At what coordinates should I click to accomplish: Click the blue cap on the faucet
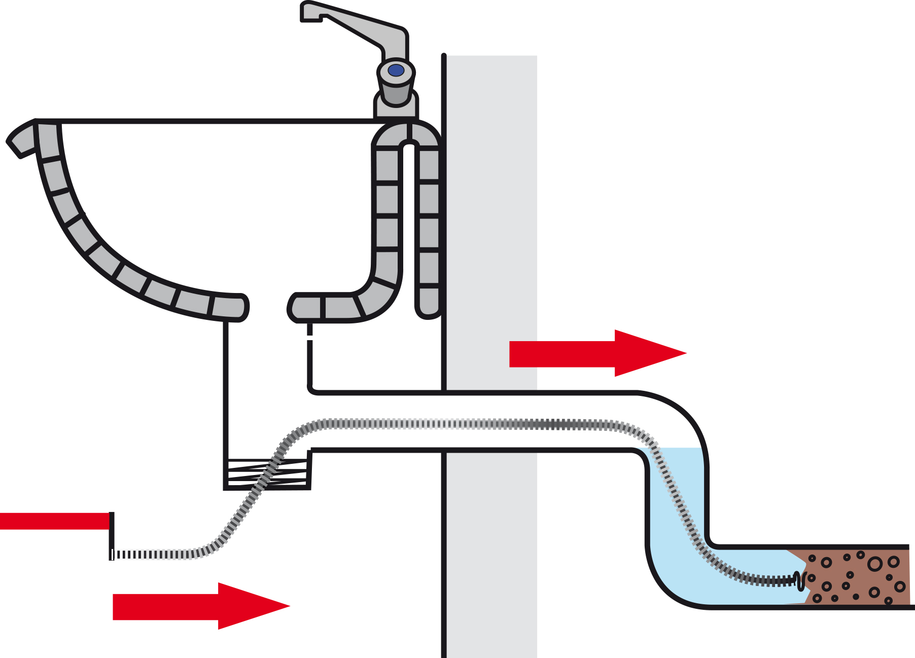(396, 70)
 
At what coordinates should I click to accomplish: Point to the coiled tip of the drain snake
(800, 580)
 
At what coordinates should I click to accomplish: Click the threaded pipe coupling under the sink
(267, 474)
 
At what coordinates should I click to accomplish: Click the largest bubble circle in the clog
(874, 564)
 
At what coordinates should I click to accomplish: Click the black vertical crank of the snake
(112, 535)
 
